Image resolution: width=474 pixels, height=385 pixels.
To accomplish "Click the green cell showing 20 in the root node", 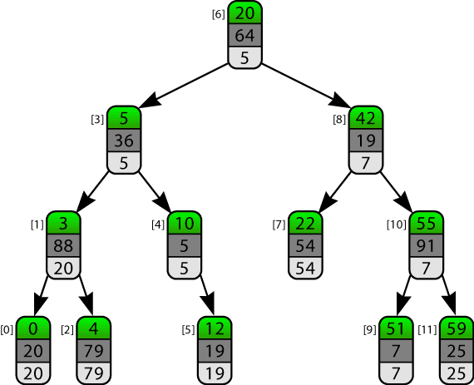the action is coord(244,12).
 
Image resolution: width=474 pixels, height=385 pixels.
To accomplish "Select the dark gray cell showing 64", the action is coord(244,36).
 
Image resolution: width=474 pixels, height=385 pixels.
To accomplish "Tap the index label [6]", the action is coord(218,14).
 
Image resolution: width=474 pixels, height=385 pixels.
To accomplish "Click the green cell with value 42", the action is coord(366,118).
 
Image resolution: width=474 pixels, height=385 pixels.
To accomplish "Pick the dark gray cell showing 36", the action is coord(124,141).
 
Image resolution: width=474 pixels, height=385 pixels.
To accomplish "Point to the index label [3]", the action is coord(97,120).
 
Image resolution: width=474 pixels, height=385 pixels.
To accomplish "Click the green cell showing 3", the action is coord(63,223).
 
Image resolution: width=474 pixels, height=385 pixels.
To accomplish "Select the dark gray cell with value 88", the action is coord(63,245).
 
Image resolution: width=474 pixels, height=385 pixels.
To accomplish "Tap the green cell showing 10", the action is coord(185,223).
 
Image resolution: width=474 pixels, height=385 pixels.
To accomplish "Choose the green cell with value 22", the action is coord(305,223).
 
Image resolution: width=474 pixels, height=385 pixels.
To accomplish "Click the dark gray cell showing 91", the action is coord(427,245).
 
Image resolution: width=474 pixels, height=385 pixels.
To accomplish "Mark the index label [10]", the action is coord(397,225).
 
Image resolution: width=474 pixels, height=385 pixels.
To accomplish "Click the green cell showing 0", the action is coord(33,328).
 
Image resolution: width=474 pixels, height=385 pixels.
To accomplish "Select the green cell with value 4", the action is coord(94,328).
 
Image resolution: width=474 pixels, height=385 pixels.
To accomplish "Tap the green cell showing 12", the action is coord(215,328).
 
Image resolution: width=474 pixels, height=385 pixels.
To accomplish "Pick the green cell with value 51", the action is coord(396,328).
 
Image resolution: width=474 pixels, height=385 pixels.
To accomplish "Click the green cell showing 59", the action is coord(457,328).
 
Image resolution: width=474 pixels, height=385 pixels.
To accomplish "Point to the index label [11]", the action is coord(427,330).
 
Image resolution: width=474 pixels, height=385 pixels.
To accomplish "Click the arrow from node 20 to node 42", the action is coord(305,85).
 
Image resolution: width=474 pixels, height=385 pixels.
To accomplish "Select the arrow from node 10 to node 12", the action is coord(208,296).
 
